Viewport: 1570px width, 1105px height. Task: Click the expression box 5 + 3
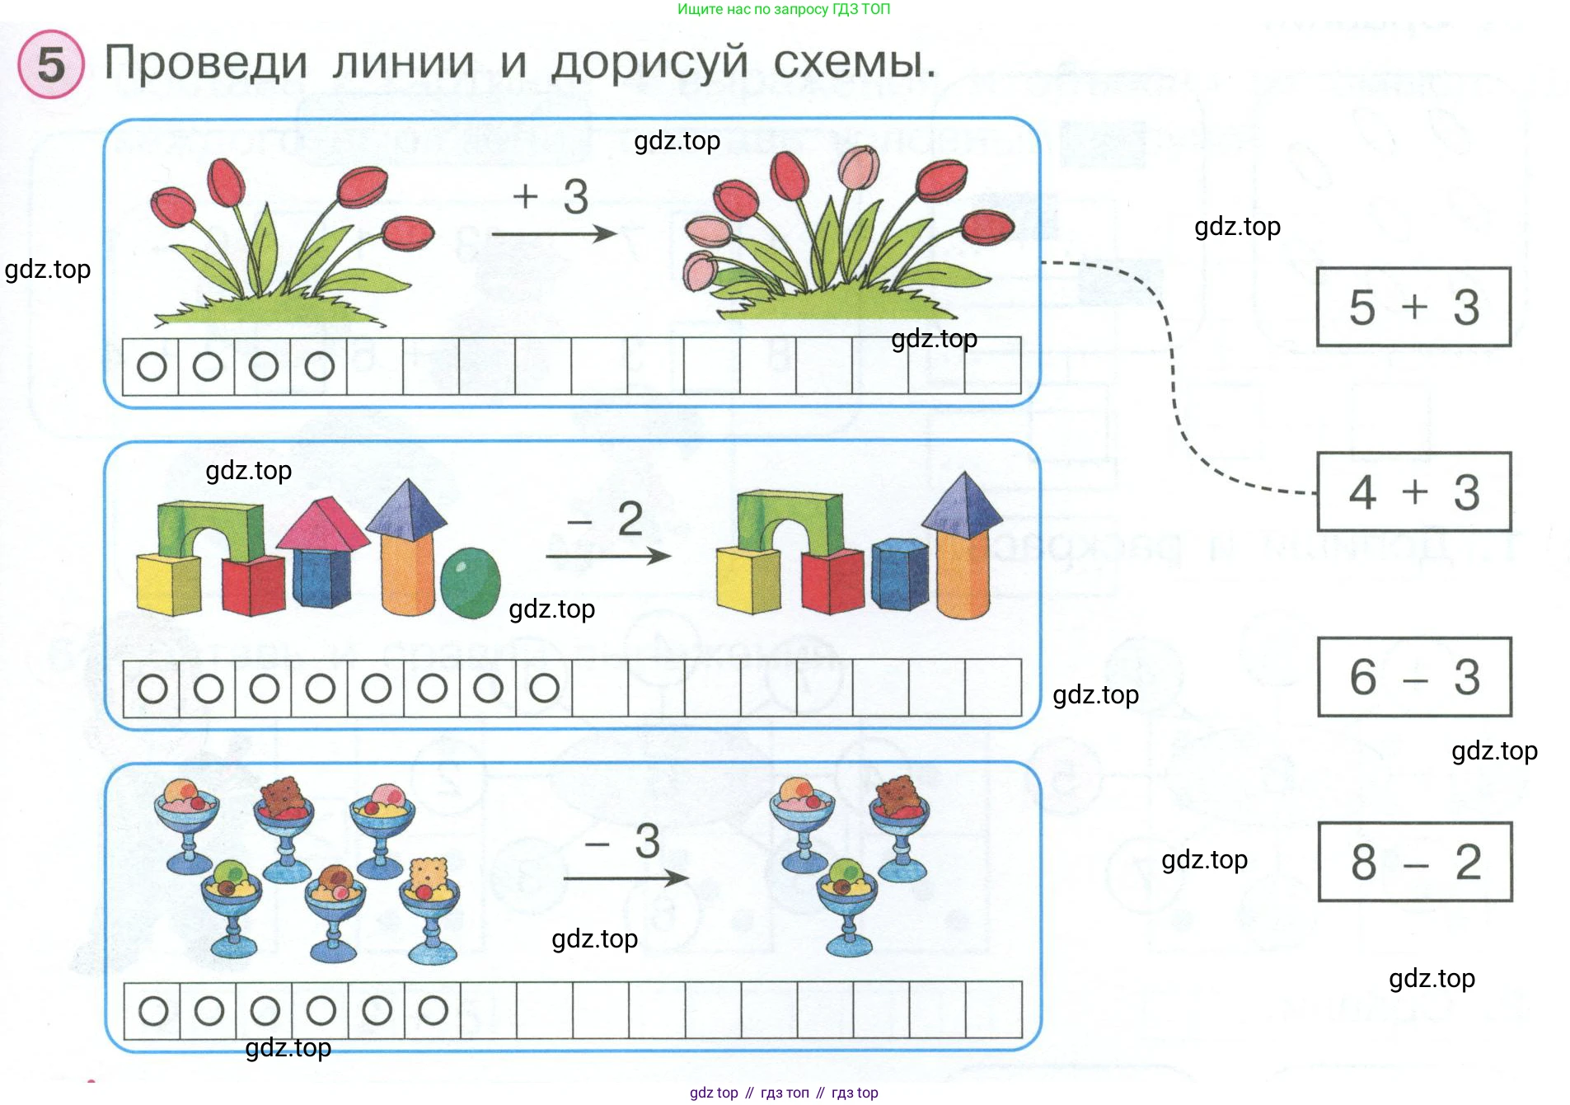click(x=1413, y=307)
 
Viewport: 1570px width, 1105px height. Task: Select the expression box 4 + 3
click(x=1413, y=491)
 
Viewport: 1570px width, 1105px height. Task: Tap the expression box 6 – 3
click(x=1413, y=676)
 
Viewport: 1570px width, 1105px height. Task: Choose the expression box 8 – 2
click(x=1414, y=862)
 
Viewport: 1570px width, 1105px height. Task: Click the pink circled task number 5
click(x=51, y=64)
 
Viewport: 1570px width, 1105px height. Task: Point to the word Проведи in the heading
click(x=206, y=63)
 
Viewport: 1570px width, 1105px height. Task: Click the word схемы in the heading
click(x=854, y=61)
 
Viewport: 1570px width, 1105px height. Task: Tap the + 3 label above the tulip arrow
click(x=551, y=196)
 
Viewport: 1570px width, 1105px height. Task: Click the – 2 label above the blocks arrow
click(x=606, y=519)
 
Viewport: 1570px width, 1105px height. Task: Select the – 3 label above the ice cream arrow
click(x=623, y=841)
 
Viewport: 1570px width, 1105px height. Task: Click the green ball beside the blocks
click(x=470, y=582)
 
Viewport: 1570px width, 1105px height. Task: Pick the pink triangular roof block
click(x=323, y=524)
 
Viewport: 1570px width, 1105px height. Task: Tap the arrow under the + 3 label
click(x=554, y=234)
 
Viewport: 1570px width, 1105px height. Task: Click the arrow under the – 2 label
click(x=608, y=557)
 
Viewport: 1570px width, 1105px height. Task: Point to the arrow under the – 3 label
click(x=626, y=878)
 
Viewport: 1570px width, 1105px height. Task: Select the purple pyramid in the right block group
click(x=962, y=501)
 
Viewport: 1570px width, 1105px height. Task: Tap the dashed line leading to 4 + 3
click(x=1172, y=371)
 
